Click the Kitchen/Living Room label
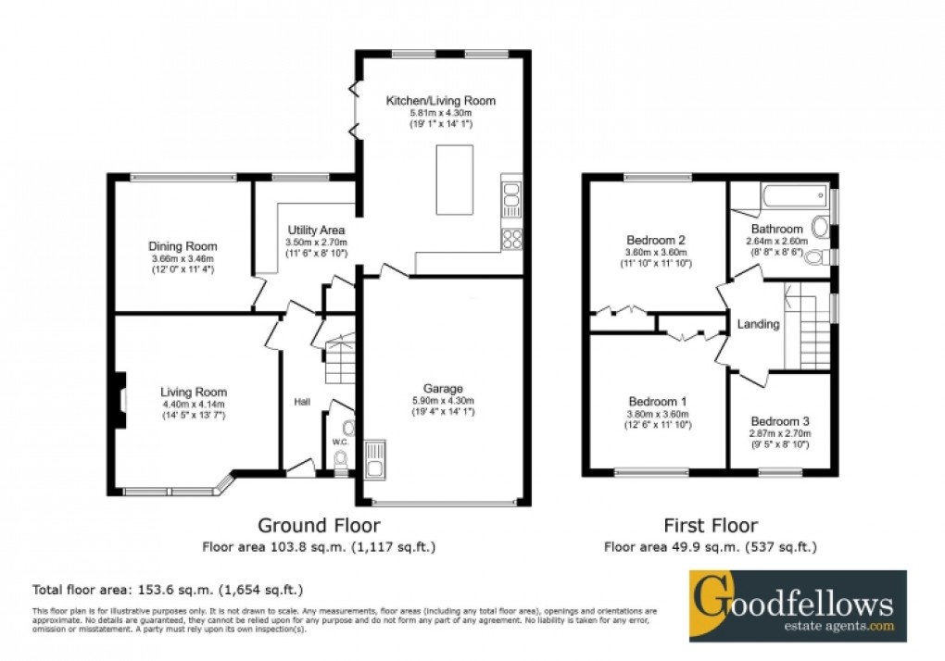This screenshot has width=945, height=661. tap(440, 100)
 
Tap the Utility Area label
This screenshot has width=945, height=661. tap(316, 230)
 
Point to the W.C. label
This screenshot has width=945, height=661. tap(339, 442)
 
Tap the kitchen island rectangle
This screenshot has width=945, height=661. tap(457, 177)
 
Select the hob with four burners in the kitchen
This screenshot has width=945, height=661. tap(511, 239)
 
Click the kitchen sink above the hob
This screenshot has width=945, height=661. tap(511, 197)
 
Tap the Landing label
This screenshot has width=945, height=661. tap(758, 324)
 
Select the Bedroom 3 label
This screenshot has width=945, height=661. tap(780, 419)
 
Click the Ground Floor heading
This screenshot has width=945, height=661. tap(318, 526)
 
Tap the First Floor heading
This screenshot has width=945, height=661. tap(711, 526)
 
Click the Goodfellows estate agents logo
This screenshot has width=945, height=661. tap(798, 606)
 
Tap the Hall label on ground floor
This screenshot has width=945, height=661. tap(302, 402)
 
